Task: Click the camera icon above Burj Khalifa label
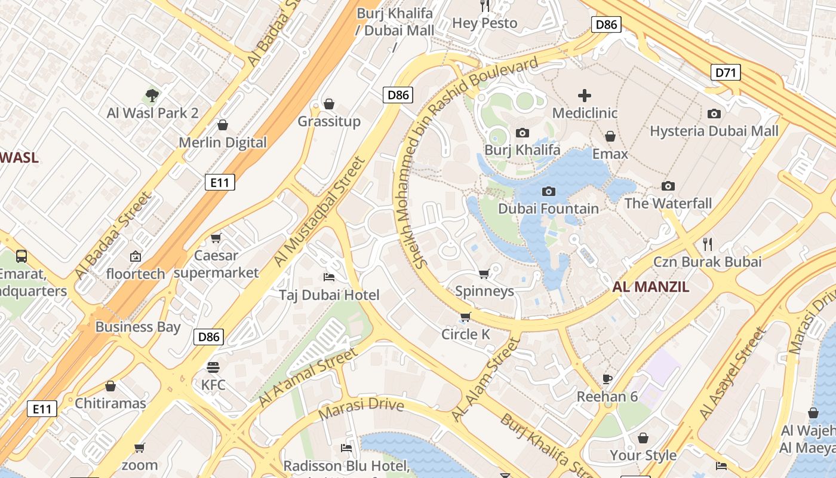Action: [522, 133]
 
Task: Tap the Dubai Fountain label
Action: [548, 209]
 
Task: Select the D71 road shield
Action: [726, 73]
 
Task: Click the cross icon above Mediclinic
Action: [585, 96]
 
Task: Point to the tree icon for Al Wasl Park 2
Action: [152, 95]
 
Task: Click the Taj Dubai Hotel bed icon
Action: [329, 277]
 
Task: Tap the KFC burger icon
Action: [213, 367]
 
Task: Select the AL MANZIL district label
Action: [650, 287]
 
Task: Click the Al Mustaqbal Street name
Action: [319, 212]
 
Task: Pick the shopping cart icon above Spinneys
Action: [484, 274]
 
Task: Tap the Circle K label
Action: [465, 335]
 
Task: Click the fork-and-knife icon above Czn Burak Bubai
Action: [708, 244]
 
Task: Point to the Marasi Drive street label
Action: [361, 409]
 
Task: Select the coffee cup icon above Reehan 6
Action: [607, 379]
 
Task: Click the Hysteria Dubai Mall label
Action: [714, 131]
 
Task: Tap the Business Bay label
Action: [137, 327]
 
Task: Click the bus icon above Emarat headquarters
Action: [21, 256]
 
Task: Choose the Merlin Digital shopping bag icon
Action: [223, 125]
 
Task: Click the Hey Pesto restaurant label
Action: [484, 23]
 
